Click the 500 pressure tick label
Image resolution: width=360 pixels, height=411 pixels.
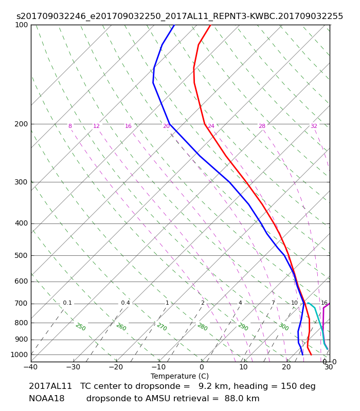tap(21, 255)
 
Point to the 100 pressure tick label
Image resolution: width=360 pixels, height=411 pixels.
tap(21, 25)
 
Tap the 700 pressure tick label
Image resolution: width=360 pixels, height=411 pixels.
tap(21, 304)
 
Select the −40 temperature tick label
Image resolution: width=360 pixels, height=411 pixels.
tap(31, 367)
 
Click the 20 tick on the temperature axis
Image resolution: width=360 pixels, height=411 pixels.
tap(286, 367)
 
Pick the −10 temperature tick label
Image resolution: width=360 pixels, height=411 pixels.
tap(158, 367)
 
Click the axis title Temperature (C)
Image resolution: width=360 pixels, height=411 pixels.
tap(179, 376)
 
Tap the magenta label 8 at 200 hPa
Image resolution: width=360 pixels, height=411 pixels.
tap(70, 126)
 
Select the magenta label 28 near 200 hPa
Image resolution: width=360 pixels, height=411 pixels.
tap(262, 126)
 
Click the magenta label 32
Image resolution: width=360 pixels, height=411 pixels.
tap(314, 126)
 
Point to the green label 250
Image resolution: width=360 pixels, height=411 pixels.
tap(81, 327)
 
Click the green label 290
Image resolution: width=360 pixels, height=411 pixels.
tap(243, 327)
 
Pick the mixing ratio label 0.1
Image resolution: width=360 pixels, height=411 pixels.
tap(67, 303)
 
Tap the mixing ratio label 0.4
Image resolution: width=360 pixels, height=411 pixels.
tap(125, 303)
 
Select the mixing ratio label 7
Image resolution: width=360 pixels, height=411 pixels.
tap(273, 303)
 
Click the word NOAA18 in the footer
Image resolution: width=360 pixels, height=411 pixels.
tap(47, 399)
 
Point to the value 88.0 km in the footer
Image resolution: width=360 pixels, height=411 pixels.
tap(242, 399)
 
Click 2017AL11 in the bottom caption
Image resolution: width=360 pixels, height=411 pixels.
tap(50, 386)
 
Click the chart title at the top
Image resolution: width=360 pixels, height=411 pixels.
tap(179, 16)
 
